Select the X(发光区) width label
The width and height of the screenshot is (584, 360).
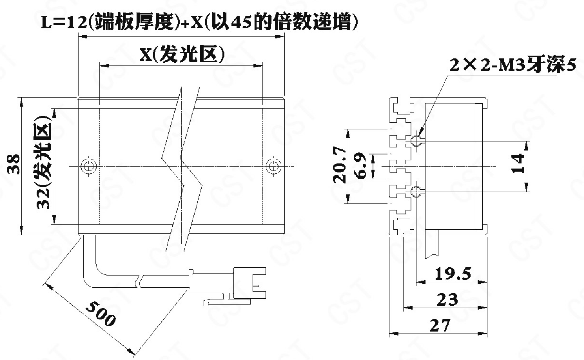pos(182,54)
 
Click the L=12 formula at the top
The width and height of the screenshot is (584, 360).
pos(199,22)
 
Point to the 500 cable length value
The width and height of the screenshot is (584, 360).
pos(101,314)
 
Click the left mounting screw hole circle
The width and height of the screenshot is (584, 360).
pos(89,166)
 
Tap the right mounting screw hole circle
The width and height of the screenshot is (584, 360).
pos(273,166)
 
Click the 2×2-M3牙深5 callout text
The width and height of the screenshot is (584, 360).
pos(513,65)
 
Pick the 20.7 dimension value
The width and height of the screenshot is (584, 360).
pos(339,165)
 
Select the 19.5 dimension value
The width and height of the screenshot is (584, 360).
pos(453,273)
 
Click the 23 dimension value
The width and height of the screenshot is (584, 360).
pos(447,299)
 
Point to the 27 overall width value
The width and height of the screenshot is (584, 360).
pos(440,325)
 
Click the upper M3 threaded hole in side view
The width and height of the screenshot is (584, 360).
pos(416,141)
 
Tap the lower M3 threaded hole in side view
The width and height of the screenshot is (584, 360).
pos(416,192)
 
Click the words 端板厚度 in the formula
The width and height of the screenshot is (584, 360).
pos(135,22)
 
